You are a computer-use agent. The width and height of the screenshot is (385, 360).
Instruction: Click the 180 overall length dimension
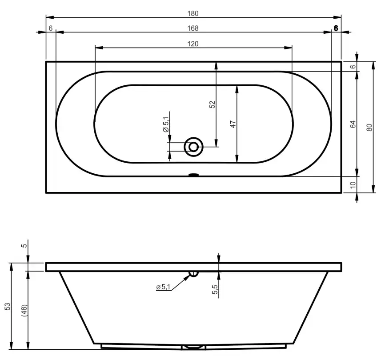pyautogui.click(x=192, y=13)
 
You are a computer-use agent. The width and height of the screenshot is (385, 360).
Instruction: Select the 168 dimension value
pyautogui.click(x=192, y=28)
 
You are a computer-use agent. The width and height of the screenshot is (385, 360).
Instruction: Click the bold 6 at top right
pyautogui.click(x=336, y=28)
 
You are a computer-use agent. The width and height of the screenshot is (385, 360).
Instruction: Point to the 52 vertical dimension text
pyautogui.click(x=212, y=104)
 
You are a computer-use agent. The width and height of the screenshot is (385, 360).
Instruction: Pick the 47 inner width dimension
pyautogui.click(x=233, y=124)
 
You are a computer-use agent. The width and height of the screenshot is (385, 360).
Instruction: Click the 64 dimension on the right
pyautogui.click(x=353, y=124)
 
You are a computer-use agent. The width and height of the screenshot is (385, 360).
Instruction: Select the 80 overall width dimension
pyautogui.click(x=369, y=127)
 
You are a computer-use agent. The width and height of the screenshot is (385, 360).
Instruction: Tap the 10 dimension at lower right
pyautogui.click(x=353, y=185)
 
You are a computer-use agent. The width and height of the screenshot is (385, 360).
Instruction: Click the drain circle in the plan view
pyautogui.click(x=193, y=146)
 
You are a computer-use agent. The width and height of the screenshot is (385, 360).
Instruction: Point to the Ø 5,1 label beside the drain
pyautogui.click(x=165, y=124)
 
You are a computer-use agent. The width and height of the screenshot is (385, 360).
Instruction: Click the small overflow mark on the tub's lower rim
pyautogui.click(x=193, y=175)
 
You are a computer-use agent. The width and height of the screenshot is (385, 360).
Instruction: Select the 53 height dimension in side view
pyautogui.click(x=7, y=306)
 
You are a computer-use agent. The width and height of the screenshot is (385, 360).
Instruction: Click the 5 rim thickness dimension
pyautogui.click(x=24, y=245)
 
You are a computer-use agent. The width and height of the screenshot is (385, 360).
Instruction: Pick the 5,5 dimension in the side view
pyautogui.click(x=215, y=290)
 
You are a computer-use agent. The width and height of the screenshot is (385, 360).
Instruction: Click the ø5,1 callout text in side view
pyautogui.click(x=163, y=288)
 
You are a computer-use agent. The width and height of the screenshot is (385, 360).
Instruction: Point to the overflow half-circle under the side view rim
pyautogui.click(x=193, y=273)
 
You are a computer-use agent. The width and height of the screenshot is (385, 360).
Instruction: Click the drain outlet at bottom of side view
pyautogui.click(x=193, y=346)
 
